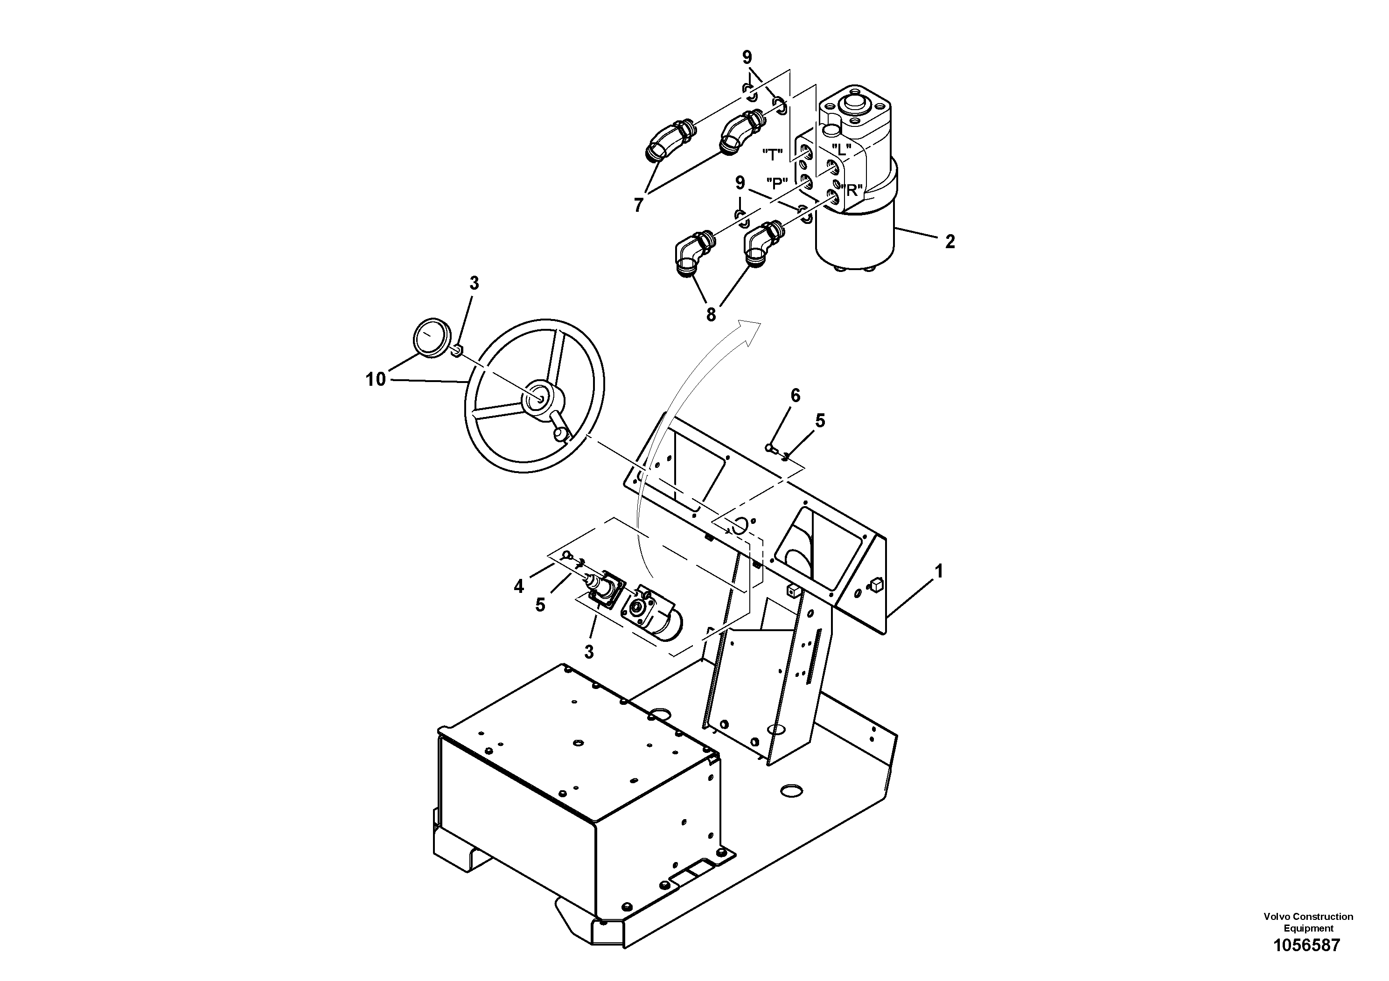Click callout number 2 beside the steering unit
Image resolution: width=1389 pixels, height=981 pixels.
[x=950, y=242]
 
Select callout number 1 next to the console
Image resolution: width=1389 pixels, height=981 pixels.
[x=939, y=571]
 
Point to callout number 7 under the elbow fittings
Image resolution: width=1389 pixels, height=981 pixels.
[x=638, y=206]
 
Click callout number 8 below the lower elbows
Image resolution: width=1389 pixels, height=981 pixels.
[x=711, y=314]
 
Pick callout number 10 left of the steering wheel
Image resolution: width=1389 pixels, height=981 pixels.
[x=375, y=379]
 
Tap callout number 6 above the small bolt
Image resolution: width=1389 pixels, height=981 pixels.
[x=795, y=396]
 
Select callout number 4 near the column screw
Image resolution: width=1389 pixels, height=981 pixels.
[x=518, y=586]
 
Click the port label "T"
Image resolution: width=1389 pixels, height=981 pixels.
[x=773, y=155]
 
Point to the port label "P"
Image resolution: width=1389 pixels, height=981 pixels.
[x=777, y=183]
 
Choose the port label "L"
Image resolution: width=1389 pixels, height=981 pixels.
[x=841, y=148]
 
